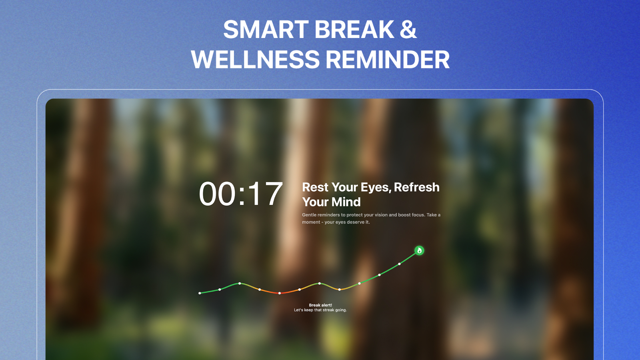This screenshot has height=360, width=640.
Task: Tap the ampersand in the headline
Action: click(408, 30)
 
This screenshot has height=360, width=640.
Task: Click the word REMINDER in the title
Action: click(388, 60)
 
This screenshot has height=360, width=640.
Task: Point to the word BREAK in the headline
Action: click(354, 30)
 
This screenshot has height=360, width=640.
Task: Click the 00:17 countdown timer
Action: click(240, 194)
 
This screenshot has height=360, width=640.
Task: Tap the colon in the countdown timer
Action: click(242, 196)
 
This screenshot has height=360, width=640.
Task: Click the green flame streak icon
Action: click(419, 250)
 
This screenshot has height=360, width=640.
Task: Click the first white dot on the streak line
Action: click(200, 293)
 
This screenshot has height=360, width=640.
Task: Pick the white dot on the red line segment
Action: click(280, 293)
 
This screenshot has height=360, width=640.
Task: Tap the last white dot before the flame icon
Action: click(400, 264)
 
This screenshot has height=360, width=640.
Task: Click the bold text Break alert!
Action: click(320, 305)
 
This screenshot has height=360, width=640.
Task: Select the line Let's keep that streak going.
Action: click(320, 310)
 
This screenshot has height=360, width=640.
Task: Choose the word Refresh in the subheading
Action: click(416, 188)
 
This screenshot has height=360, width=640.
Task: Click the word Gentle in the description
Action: click(309, 215)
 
